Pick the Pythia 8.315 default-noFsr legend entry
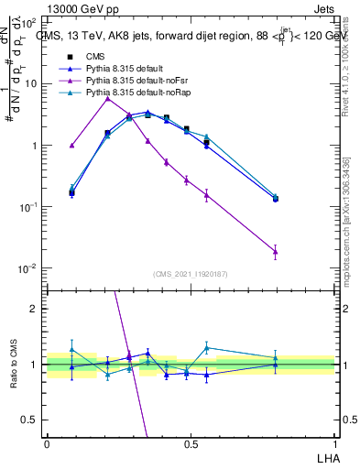pos(130,82)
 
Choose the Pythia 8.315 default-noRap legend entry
pos(131,93)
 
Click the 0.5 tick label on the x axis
pos(191,443)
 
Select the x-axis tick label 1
pos(334,443)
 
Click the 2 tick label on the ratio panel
pos(35,309)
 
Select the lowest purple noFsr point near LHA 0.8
pos(276,251)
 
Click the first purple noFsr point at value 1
pos(71,145)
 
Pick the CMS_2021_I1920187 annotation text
pos(190,274)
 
